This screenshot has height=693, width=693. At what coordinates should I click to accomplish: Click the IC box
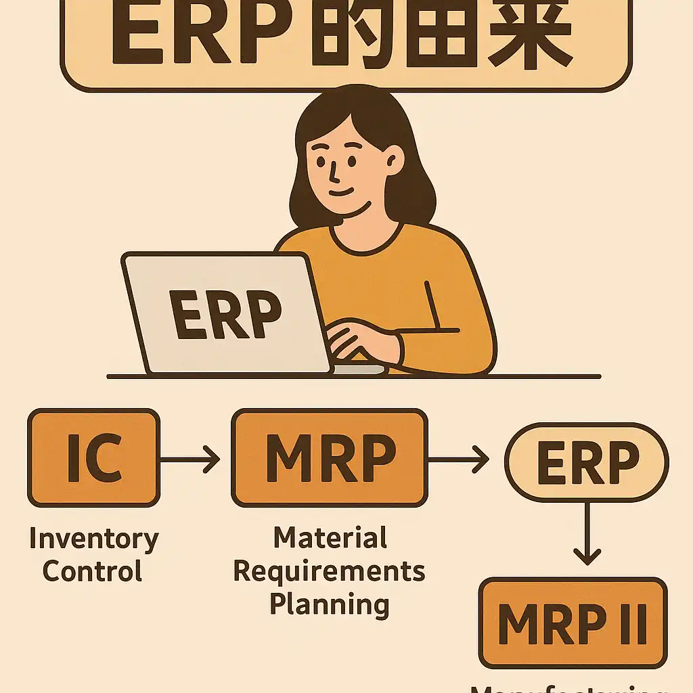click(x=93, y=458)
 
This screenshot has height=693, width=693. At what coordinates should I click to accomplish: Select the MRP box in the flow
click(x=330, y=458)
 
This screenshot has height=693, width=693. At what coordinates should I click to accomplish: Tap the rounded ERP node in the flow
click(x=586, y=462)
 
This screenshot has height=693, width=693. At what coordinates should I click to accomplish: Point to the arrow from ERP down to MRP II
click(x=586, y=531)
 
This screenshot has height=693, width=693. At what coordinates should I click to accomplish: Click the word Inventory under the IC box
click(x=93, y=539)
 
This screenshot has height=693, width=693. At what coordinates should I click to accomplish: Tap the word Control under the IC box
click(x=93, y=571)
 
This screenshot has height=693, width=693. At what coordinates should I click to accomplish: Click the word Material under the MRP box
click(x=330, y=538)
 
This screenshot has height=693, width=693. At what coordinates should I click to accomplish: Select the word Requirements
click(x=330, y=571)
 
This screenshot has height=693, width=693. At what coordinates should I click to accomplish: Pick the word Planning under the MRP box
click(x=330, y=602)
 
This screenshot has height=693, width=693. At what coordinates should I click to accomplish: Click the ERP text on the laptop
click(x=225, y=315)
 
